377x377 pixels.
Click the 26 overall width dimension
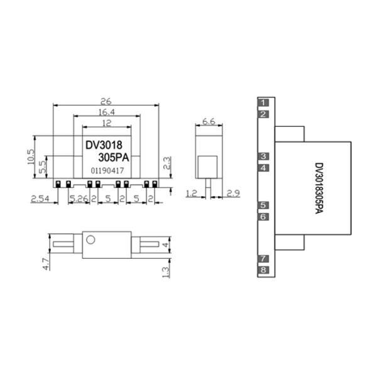[x=106, y=101]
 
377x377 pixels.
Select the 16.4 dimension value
[x=106, y=111]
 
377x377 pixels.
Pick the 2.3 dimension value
[x=167, y=163]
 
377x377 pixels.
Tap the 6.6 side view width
[x=209, y=121]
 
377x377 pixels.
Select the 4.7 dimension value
[x=45, y=263]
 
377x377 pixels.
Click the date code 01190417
[x=107, y=170]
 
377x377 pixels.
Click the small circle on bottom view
[x=90, y=239]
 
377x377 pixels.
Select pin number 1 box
[x=264, y=102]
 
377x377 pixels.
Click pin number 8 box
[x=264, y=270]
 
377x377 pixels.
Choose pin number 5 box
[x=264, y=205]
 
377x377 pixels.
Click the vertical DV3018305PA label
[x=319, y=188]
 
